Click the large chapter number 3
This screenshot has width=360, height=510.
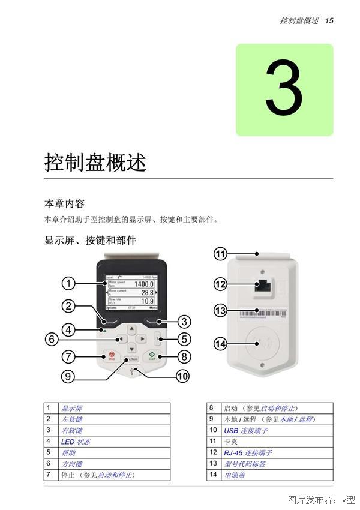(x=284, y=90)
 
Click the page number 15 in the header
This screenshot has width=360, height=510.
(x=329, y=20)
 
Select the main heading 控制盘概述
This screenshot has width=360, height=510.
(x=95, y=163)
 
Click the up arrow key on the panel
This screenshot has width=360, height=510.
(x=132, y=328)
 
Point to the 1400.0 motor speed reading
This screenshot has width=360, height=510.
(x=143, y=284)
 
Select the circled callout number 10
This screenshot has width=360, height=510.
(x=182, y=376)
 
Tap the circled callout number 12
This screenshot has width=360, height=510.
(x=220, y=284)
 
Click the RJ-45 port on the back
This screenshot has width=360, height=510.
(x=262, y=286)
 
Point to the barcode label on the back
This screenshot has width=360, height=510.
(x=264, y=313)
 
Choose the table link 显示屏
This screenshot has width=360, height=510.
(x=72, y=409)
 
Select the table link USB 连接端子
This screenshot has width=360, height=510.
(x=246, y=431)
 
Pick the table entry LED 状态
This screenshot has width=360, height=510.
(x=76, y=442)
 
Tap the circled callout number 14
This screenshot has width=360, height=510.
(x=220, y=344)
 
